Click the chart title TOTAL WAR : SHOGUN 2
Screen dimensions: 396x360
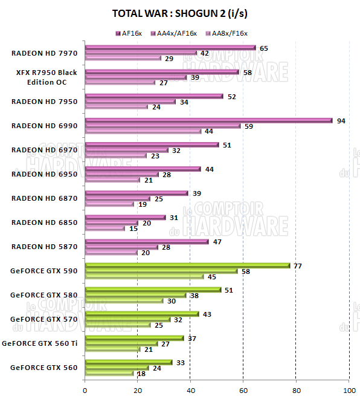point(179,13)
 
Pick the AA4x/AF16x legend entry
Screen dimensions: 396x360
point(176,33)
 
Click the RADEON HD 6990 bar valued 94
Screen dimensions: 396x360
point(208,120)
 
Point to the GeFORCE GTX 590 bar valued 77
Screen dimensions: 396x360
point(187,265)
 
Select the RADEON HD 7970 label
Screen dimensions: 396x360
point(44,53)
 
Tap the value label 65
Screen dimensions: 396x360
point(264,48)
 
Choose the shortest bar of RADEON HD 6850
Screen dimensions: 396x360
point(105,229)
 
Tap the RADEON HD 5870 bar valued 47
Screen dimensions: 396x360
point(147,241)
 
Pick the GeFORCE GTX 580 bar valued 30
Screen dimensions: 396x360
point(124,300)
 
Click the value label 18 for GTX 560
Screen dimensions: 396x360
point(141,374)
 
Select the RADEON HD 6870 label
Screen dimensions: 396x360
point(44,198)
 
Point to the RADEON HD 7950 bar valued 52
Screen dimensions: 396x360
point(154,96)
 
